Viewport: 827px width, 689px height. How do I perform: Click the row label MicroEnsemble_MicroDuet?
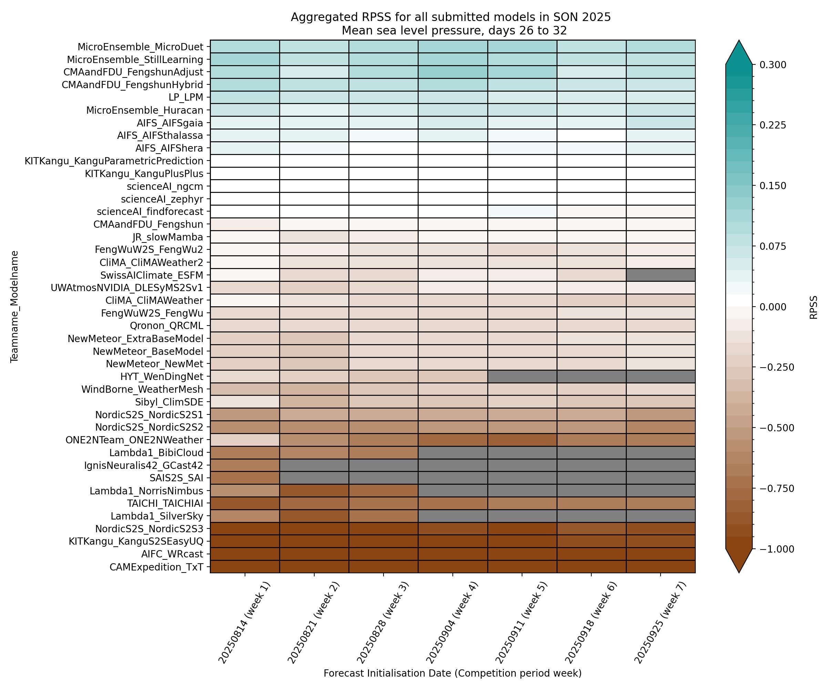[140, 47]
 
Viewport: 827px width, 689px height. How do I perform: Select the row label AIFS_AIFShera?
[169, 148]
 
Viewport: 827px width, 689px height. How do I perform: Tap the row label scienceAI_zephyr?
[162, 199]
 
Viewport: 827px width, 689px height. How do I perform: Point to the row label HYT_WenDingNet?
[162, 377]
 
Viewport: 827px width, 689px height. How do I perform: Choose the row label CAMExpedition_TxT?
[156, 567]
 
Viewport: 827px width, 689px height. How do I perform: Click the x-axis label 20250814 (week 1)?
[244, 622]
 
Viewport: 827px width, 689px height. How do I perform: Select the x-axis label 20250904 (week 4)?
[452, 622]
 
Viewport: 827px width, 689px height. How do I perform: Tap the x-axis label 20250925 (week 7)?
[660, 622]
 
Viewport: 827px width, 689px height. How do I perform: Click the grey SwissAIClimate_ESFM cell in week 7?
[661, 275]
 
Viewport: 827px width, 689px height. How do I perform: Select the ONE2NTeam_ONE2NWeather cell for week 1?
[245, 440]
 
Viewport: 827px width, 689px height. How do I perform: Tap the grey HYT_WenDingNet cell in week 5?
[522, 377]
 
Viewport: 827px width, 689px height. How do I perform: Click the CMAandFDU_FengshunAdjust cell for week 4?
[452, 72]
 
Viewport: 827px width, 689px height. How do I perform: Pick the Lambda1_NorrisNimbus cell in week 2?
[314, 491]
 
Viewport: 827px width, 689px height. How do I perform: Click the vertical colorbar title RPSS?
[813, 307]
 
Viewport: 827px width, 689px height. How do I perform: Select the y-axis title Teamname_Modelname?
[14, 306]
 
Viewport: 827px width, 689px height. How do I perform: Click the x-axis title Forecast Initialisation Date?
[452, 673]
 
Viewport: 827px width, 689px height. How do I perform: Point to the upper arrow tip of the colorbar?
[739, 41]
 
